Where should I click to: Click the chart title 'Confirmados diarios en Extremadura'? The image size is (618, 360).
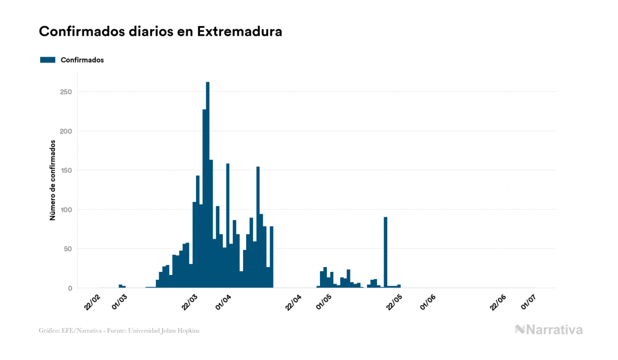pos(160,32)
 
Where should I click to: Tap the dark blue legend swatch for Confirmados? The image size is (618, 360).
pos(48,60)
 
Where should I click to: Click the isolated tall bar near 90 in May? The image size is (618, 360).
pos(386,251)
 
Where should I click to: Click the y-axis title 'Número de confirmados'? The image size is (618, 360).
pos(53,181)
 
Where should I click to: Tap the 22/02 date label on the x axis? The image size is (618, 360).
pos(92,302)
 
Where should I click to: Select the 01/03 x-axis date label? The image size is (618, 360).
pos(120,302)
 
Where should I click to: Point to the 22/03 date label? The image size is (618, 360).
pos(190,302)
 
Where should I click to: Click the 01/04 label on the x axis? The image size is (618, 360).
pos(224,302)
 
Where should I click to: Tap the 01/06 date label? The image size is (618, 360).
pos(429,302)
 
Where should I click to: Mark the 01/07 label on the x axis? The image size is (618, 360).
pos(529,302)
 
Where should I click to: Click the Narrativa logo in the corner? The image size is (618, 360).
pos(549,330)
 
